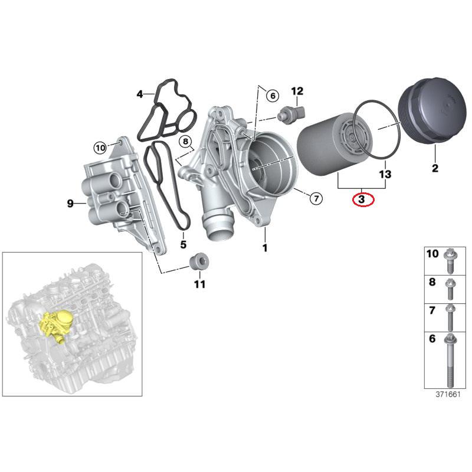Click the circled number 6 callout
tap(271, 96)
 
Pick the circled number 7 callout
tap(316, 198)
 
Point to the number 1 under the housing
tap(265, 248)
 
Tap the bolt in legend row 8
tap(450, 289)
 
